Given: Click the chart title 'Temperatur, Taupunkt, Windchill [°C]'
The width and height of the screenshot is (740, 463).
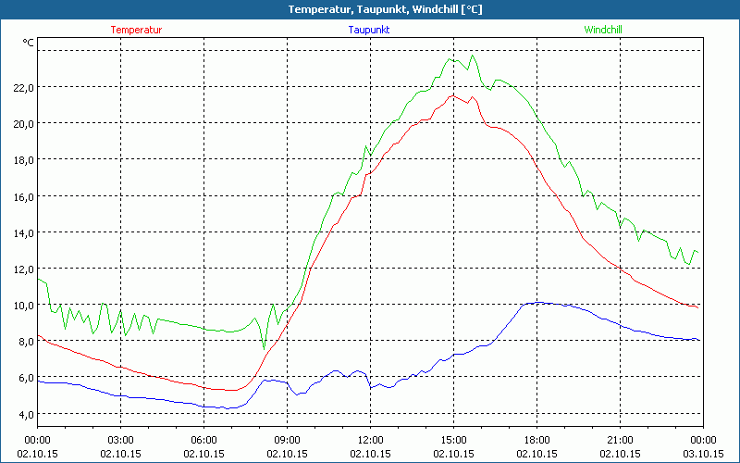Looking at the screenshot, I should click(371, 9).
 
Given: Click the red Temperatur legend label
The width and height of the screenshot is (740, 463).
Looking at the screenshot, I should click(136, 30).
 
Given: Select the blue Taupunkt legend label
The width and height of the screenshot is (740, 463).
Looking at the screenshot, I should click(369, 30).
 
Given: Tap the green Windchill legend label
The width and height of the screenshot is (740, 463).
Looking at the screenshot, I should click(603, 30).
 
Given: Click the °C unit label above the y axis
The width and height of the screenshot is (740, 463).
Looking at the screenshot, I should click(28, 43).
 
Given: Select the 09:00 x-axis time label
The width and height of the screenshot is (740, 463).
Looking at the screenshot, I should click(287, 439).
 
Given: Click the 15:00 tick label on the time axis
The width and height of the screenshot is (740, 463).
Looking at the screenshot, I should click(453, 439).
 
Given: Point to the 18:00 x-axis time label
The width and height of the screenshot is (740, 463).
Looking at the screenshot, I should click(536, 439).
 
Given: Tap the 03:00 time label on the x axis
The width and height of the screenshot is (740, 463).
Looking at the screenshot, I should click(121, 439).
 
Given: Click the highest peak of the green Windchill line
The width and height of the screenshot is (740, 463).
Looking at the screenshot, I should click(474, 56).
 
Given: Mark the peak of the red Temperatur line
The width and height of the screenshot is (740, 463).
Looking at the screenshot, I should click(454, 94).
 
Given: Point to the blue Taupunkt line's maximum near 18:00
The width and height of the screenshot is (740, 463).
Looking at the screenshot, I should click(535, 302).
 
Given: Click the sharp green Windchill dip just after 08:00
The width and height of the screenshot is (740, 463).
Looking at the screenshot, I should click(264, 348).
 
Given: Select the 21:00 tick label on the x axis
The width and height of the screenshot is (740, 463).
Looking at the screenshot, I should click(620, 439).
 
